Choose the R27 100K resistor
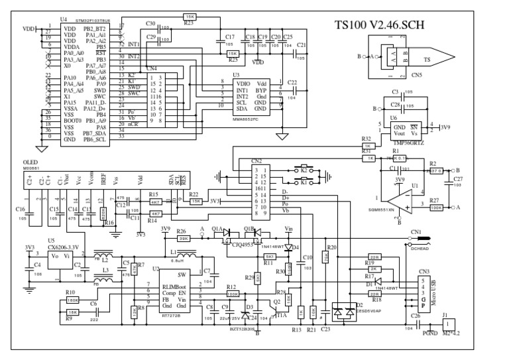[436, 208]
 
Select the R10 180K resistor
[72, 300]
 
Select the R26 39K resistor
[182, 238]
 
